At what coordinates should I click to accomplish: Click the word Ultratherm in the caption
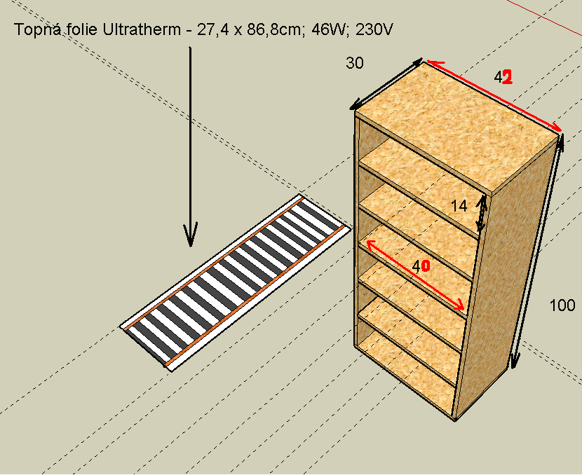coord(141,29)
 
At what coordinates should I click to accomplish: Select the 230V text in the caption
coord(374,29)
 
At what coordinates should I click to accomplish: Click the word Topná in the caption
coord(37,29)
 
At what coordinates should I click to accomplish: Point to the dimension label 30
coord(355,64)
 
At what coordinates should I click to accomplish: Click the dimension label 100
coord(562,305)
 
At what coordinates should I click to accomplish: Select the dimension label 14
coord(459,206)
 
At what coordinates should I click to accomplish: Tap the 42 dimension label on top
coord(503,78)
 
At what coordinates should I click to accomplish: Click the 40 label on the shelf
coord(421,266)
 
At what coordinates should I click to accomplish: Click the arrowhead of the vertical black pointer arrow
coord(191,235)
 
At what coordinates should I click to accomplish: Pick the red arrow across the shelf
coord(415,275)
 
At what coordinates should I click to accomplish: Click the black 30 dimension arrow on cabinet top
coord(386,84)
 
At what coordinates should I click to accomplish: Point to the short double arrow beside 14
coord(481,213)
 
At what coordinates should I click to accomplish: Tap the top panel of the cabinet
coord(456,126)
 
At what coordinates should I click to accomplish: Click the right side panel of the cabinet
coord(507,282)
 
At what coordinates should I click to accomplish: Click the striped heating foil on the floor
coord(235,282)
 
